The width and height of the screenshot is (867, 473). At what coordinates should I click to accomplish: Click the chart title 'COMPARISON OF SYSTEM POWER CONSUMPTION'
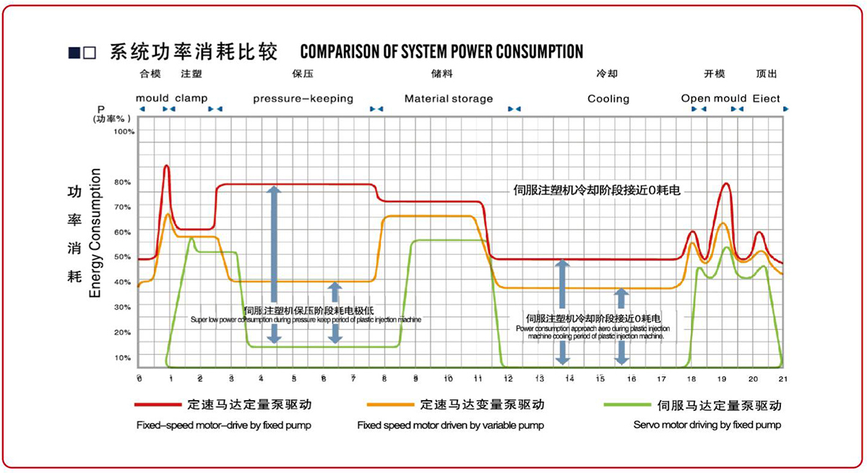tap(441, 52)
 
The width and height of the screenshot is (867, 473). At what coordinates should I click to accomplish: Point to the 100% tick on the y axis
tap(124, 132)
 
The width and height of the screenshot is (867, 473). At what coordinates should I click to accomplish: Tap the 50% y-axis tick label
tap(123, 257)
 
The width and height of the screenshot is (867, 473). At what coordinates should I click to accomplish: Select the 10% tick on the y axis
tap(123, 357)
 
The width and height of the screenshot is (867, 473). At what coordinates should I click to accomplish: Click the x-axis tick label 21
tap(783, 379)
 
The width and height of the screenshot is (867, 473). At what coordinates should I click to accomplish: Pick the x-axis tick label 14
tap(569, 379)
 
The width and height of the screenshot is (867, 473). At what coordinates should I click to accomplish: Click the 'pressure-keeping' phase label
tap(303, 98)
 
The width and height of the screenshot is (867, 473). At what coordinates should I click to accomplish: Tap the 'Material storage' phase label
tap(449, 98)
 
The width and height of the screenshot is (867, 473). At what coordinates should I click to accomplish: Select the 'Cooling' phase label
tap(608, 98)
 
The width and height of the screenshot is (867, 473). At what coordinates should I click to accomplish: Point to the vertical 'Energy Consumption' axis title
tap(95, 233)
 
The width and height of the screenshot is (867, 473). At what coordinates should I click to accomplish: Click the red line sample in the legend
tap(156, 405)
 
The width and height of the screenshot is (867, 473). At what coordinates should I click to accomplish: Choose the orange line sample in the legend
tap(389, 405)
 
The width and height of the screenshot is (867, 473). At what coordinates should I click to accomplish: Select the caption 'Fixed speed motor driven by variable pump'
tap(450, 425)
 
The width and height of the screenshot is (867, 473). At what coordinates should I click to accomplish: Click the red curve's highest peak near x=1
tap(167, 166)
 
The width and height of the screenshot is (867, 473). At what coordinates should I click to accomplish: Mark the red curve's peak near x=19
tap(725, 183)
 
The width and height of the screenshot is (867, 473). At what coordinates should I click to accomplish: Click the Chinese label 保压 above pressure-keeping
tap(303, 74)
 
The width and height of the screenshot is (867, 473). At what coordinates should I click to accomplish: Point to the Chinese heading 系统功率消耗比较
tap(193, 52)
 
